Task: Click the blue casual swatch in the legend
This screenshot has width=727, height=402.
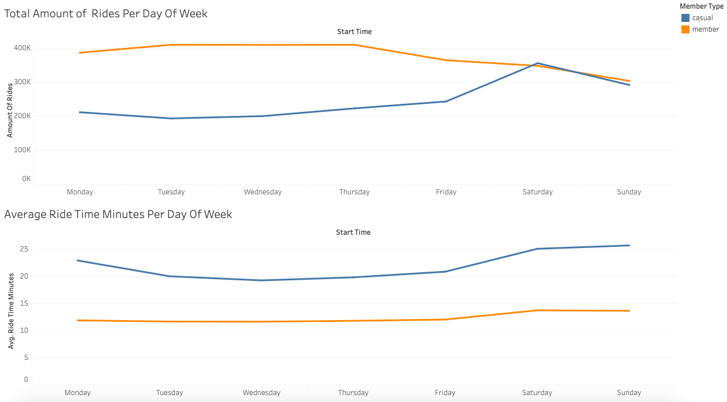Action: click(x=685, y=18)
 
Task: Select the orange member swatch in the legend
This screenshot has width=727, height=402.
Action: click(x=685, y=29)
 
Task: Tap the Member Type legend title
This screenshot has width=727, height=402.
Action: click(x=701, y=6)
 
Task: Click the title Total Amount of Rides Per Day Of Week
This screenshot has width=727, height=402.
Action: click(x=106, y=13)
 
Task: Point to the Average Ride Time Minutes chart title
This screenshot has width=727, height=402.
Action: click(x=118, y=215)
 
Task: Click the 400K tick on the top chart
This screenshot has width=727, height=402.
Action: click(x=23, y=48)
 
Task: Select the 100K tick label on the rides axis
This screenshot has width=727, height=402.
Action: click(x=23, y=150)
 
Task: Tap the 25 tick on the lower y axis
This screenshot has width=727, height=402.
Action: click(x=24, y=249)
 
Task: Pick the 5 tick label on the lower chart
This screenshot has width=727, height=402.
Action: click(x=26, y=358)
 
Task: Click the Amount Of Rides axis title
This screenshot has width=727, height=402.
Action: click(x=10, y=110)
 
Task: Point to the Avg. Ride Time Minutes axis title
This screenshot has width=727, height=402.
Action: click(x=10, y=310)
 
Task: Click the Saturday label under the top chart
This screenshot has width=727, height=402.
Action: click(x=537, y=192)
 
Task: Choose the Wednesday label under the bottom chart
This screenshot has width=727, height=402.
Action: click(x=261, y=393)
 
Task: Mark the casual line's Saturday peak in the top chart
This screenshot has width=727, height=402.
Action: click(x=538, y=63)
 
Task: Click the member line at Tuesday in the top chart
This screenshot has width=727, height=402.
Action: click(x=171, y=45)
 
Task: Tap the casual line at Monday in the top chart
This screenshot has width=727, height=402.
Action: click(x=80, y=112)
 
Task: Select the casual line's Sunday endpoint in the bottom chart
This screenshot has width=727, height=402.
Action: click(x=629, y=246)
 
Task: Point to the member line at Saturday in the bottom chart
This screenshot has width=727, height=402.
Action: click(x=538, y=310)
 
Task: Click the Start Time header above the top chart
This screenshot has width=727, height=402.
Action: click(x=354, y=32)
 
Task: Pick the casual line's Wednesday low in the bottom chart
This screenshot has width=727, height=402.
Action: click(x=261, y=280)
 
